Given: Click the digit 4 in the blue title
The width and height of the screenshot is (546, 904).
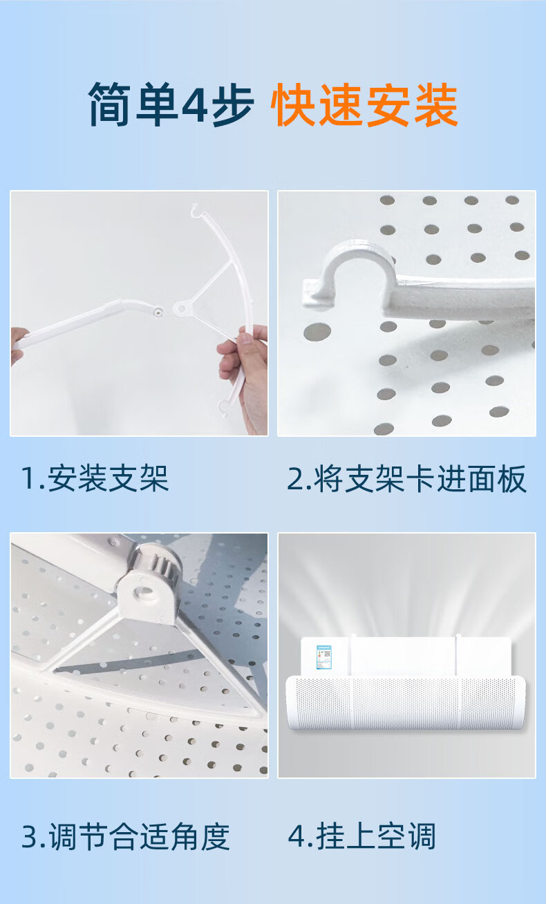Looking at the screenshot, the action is tap(194, 105).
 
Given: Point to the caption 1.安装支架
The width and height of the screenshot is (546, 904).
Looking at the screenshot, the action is tap(95, 479).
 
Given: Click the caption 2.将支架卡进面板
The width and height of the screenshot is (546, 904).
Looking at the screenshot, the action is tap(406, 479).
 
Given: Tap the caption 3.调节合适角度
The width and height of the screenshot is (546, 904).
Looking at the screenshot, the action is tap(126, 837).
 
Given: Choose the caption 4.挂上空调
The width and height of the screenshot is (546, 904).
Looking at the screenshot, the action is tap(362, 837).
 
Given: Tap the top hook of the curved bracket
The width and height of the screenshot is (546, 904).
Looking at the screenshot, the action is tap(196, 210).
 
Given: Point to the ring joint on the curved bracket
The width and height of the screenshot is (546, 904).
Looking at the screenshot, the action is tap(182, 309).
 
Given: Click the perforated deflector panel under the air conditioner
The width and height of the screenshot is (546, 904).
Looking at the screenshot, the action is tap(406, 702).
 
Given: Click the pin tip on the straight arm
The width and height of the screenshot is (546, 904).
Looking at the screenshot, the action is tap(159, 312).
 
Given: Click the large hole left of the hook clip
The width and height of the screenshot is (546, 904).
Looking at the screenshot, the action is tap(317, 332).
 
